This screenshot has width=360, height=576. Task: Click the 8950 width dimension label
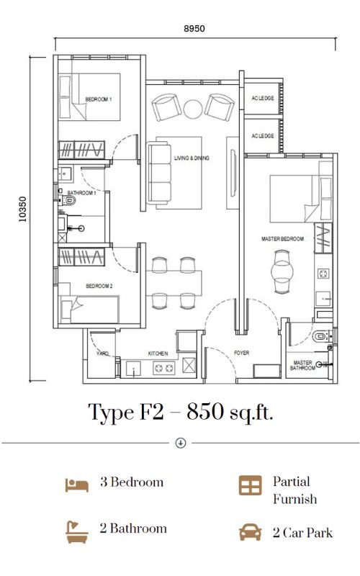[x=194, y=28]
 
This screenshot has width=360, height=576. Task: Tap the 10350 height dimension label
[x=23, y=210]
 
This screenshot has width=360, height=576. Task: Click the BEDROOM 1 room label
[x=99, y=99]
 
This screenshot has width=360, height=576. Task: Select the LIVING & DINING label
[x=192, y=158]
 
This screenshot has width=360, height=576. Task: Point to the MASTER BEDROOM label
[x=282, y=239]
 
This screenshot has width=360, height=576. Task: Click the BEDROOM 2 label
[x=99, y=286]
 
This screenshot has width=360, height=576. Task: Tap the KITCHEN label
[x=158, y=354]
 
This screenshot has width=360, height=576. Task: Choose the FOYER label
[x=242, y=353]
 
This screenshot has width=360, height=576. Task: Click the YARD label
[x=102, y=354]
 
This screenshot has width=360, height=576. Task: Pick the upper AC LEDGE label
[x=263, y=98]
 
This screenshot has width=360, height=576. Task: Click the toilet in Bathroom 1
[x=68, y=200]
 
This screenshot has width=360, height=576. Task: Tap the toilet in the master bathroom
[x=320, y=336]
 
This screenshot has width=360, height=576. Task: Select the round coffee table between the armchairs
[x=193, y=109]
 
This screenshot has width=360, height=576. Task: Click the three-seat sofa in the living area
[x=159, y=173]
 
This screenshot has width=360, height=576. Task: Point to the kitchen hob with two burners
[x=164, y=368]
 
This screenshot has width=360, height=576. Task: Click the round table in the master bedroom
[x=282, y=272]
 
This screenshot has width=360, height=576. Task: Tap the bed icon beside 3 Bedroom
[x=77, y=485]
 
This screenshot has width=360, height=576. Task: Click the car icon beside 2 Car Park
[x=251, y=532]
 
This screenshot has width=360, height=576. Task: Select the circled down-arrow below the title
[x=181, y=443]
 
